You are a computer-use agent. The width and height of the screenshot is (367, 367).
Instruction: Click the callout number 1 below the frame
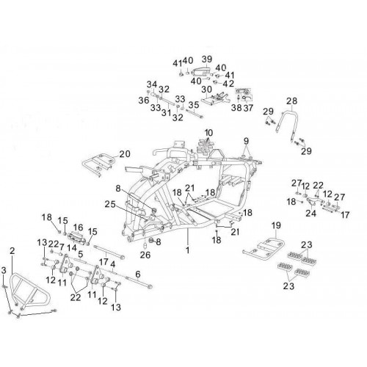pyautogui.click(x=188, y=250)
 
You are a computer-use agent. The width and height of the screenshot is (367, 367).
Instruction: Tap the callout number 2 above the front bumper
pyautogui.click(x=12, y=250)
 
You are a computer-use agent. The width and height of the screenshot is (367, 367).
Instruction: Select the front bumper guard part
pyautogui.click(x=30, y=291)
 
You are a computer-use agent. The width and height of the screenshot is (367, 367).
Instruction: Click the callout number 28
pyautogui.click(x=291, y=101)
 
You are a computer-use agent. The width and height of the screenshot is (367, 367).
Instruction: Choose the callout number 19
pyautogui.click(x=276, y=225)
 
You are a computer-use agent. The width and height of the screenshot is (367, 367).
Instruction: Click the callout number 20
pyautogui.click(x=125, y=154)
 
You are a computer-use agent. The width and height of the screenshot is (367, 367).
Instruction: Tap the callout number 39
pyautogui.click(x=207, y=59)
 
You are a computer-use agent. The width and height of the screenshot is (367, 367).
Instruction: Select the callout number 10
pyautogui.click(x=208, y=133)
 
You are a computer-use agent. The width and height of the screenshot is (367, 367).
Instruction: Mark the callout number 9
pyautogui.click(x=246, y=141)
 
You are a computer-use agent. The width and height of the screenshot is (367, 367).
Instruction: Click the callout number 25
pyautogui.click(x=110, y=204)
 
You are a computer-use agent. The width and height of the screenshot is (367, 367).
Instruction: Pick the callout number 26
pyautogui.click(x=145, y=255)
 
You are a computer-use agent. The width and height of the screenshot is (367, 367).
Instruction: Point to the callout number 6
pyautogui.click(x=138, y=275)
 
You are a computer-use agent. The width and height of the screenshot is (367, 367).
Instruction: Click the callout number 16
pyautogui.click(x=78, y=228)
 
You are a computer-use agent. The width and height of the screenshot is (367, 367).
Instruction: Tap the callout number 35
pyautogui.click(x=194, y=105)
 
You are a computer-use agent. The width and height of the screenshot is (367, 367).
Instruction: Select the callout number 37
pyautogui.click(x=249, y=107)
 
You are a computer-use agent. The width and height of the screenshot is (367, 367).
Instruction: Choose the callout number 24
pyautogui.click(x=310, y=213)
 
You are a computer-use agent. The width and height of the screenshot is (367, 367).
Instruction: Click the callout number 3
pyautogui.click(x=4, y=270)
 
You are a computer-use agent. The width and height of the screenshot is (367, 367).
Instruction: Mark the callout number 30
pyautogui.click(x=207, y=90)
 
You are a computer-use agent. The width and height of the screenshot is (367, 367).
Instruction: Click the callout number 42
pyautogui.click(x=228, y=84)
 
